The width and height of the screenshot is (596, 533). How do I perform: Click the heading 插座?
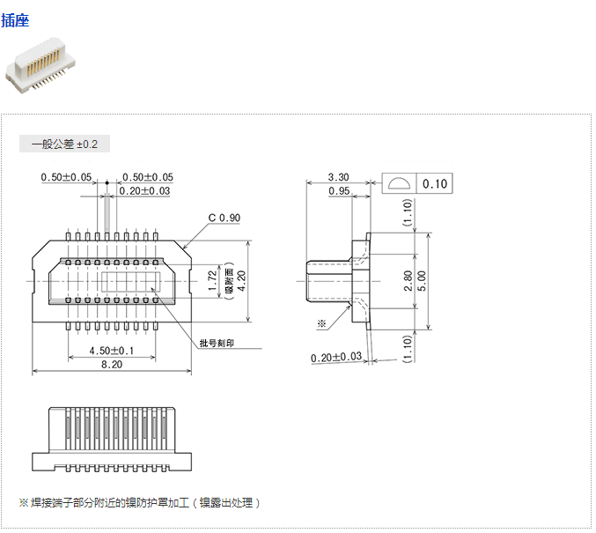coord(15,19)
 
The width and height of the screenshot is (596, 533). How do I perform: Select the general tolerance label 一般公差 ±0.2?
coord(64,144)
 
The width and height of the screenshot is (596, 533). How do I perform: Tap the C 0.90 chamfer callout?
coord(224,218)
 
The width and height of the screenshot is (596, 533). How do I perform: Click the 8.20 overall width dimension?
coord(111,365)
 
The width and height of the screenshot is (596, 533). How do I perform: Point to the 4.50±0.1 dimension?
coord(113,351)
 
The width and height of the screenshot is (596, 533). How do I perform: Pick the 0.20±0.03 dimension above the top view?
coord(144,191)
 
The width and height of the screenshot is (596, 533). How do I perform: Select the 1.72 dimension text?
coord(211,281)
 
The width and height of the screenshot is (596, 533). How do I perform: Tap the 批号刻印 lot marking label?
coord(217,343)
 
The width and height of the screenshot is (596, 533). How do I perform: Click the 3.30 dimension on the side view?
coord(337,178)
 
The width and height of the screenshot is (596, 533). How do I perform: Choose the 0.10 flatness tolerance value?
coord(435,184)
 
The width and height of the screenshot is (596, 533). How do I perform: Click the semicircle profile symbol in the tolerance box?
coord(399,184)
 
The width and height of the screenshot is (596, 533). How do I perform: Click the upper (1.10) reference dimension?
coord(407,213)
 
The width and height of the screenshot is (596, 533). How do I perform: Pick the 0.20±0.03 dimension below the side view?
coord(336,357)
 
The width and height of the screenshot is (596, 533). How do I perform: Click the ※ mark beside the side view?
coord(321,323)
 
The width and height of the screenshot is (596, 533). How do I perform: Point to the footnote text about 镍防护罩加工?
coord(140,503)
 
